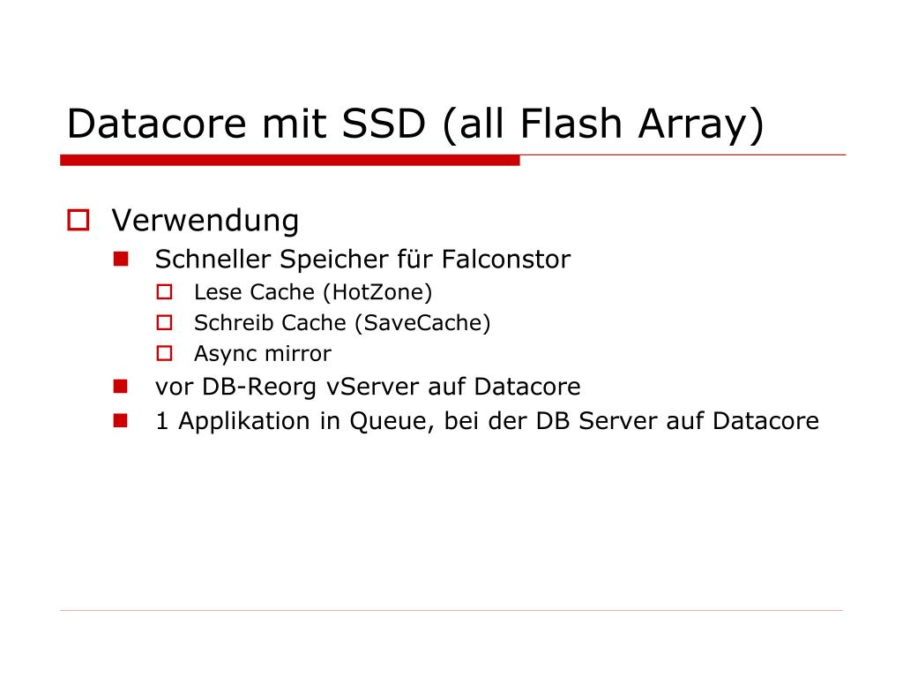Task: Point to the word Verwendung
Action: pos(205,220)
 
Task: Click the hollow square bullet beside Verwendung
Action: pos(79,220)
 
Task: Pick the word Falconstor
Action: pos(506,260)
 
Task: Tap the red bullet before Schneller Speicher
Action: pos(121,259)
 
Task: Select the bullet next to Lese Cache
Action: pos(165,291)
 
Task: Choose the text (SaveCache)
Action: pos(422,323)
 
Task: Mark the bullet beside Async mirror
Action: pos(165,354)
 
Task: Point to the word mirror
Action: pos(302,355)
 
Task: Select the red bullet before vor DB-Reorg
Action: pos(121,386)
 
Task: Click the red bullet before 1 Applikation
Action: pos(121,420)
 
